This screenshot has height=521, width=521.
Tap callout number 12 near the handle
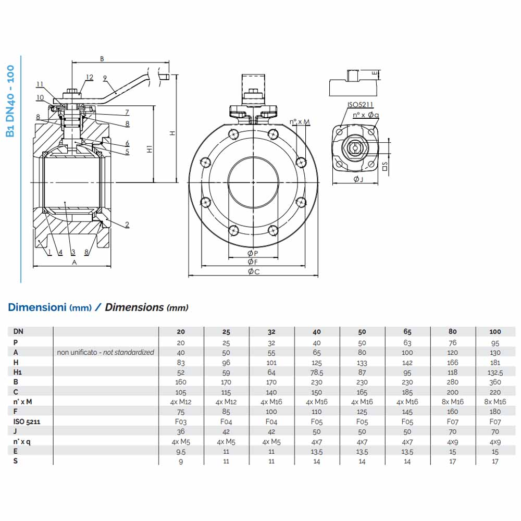[90, 77]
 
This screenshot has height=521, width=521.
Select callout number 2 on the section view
[127, 225]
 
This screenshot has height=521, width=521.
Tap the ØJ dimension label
[358, 180]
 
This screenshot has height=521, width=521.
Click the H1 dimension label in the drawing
[150, 149]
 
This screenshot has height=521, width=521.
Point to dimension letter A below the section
[75, 263]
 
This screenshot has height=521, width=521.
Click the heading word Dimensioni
[37, 307]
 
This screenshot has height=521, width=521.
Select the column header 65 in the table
[407, 332]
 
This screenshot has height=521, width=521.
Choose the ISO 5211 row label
[27, 421]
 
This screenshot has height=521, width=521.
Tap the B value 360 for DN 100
[495, 382]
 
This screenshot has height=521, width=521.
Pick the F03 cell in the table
[181, 421]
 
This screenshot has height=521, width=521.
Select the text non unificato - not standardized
[106, 352]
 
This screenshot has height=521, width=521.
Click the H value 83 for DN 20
[181, 362]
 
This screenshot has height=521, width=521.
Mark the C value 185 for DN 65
[407, 392]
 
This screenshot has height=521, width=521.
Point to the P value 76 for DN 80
[452, 342]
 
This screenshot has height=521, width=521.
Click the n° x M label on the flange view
[300, 121]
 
